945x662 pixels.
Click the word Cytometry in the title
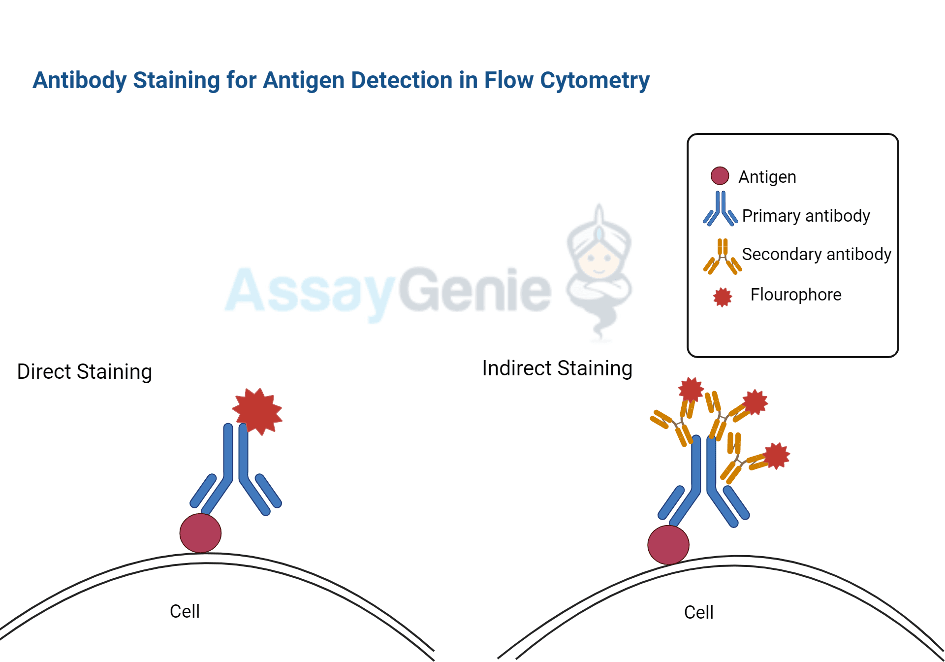coord(595,81)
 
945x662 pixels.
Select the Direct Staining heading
coord(84,372)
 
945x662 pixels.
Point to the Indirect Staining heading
coord(557,368)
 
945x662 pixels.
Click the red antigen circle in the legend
coord(720,176)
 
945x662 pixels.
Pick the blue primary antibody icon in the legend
coord(720,210)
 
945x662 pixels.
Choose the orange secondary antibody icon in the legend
coord(722,256)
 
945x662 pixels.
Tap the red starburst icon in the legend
coord(723,297)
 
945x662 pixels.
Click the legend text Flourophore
coord(795,295)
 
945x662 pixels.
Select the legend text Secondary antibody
coord(816,254)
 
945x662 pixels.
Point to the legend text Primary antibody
coord(806,216)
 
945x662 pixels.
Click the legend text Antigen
coord(767,177)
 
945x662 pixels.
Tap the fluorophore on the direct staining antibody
coord(257,411)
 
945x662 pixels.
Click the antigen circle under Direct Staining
coord(200,533)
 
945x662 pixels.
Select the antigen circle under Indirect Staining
coord(668,545)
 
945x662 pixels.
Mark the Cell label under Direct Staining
coord(185,611)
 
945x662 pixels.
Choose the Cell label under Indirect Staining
coord(698,612)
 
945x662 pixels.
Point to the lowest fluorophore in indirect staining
coord(776,456)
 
